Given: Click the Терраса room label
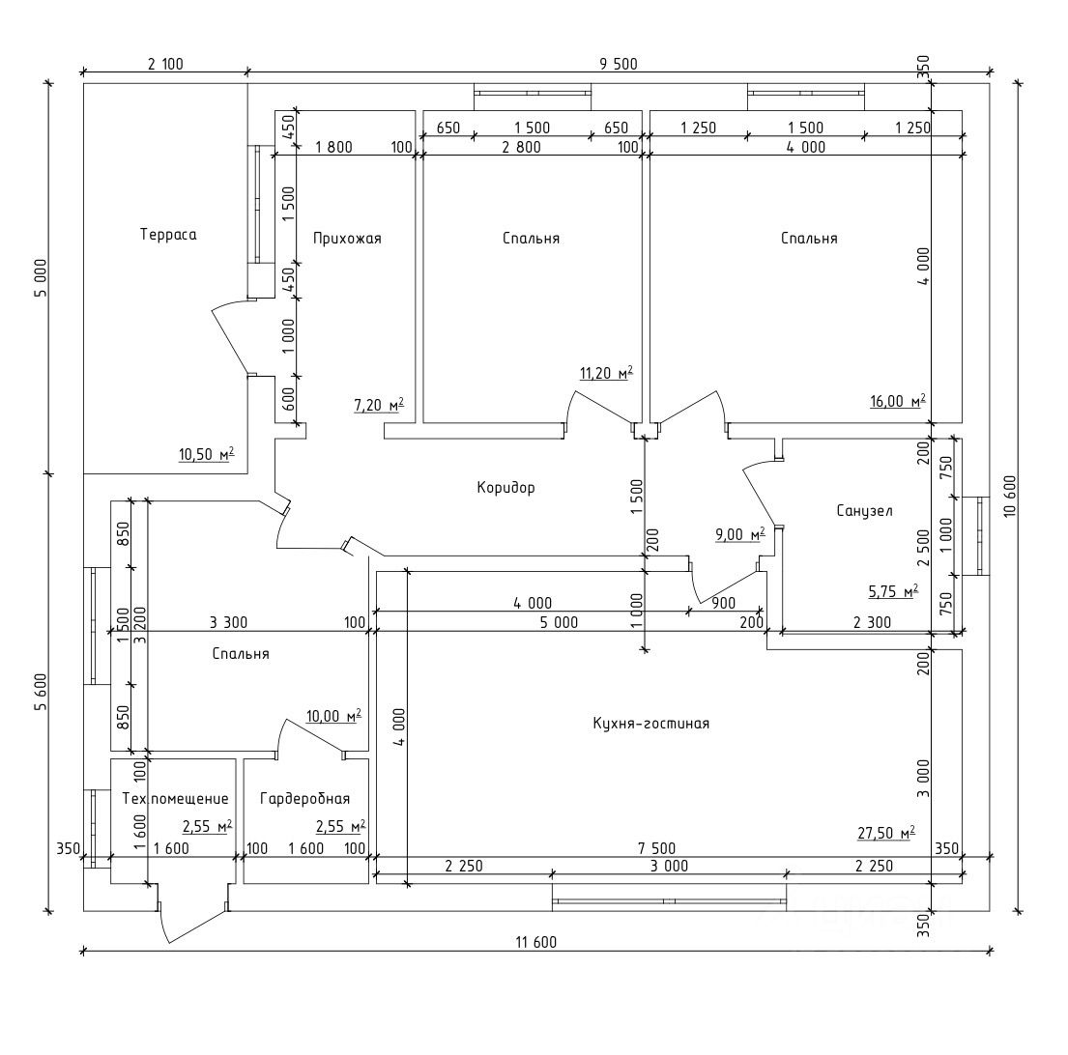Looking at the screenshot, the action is [168, 235].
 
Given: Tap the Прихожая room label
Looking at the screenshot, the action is [347, 238].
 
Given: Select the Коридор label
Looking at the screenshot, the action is [505, 488].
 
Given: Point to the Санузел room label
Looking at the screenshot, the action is [864, 510].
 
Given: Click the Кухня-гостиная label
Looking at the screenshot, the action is [650, 723].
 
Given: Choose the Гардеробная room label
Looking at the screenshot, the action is [304, 799].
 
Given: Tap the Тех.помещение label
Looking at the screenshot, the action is [176, 799].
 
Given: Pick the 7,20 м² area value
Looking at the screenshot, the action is [378, 406].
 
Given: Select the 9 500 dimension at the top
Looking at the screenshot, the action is [618, 65].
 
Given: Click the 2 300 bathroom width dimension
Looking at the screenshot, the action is [873, 623].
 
